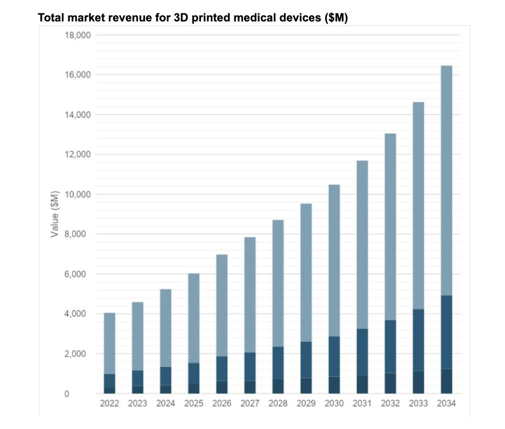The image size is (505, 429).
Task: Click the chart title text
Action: (x=192, y=18)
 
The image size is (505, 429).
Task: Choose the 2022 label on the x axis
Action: (x=109, y=404)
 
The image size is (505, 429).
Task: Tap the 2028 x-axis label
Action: (x=278, y=404)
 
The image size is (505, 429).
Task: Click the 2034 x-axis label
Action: (x=446, y=404)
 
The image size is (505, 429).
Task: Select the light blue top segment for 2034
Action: (x=446, y=181)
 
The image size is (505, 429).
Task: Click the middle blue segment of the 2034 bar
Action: (x=446, y=332)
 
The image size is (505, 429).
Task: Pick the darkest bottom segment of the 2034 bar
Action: (x=446, y=381)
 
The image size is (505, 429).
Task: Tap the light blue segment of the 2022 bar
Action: (x=109, y=343)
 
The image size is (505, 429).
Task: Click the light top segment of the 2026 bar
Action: (x=221, y=305)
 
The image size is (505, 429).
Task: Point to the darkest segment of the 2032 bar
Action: (x=390, y=383)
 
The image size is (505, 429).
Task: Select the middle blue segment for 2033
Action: (x=418, y=340)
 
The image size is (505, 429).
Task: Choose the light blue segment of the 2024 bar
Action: (x=166, y=328)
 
